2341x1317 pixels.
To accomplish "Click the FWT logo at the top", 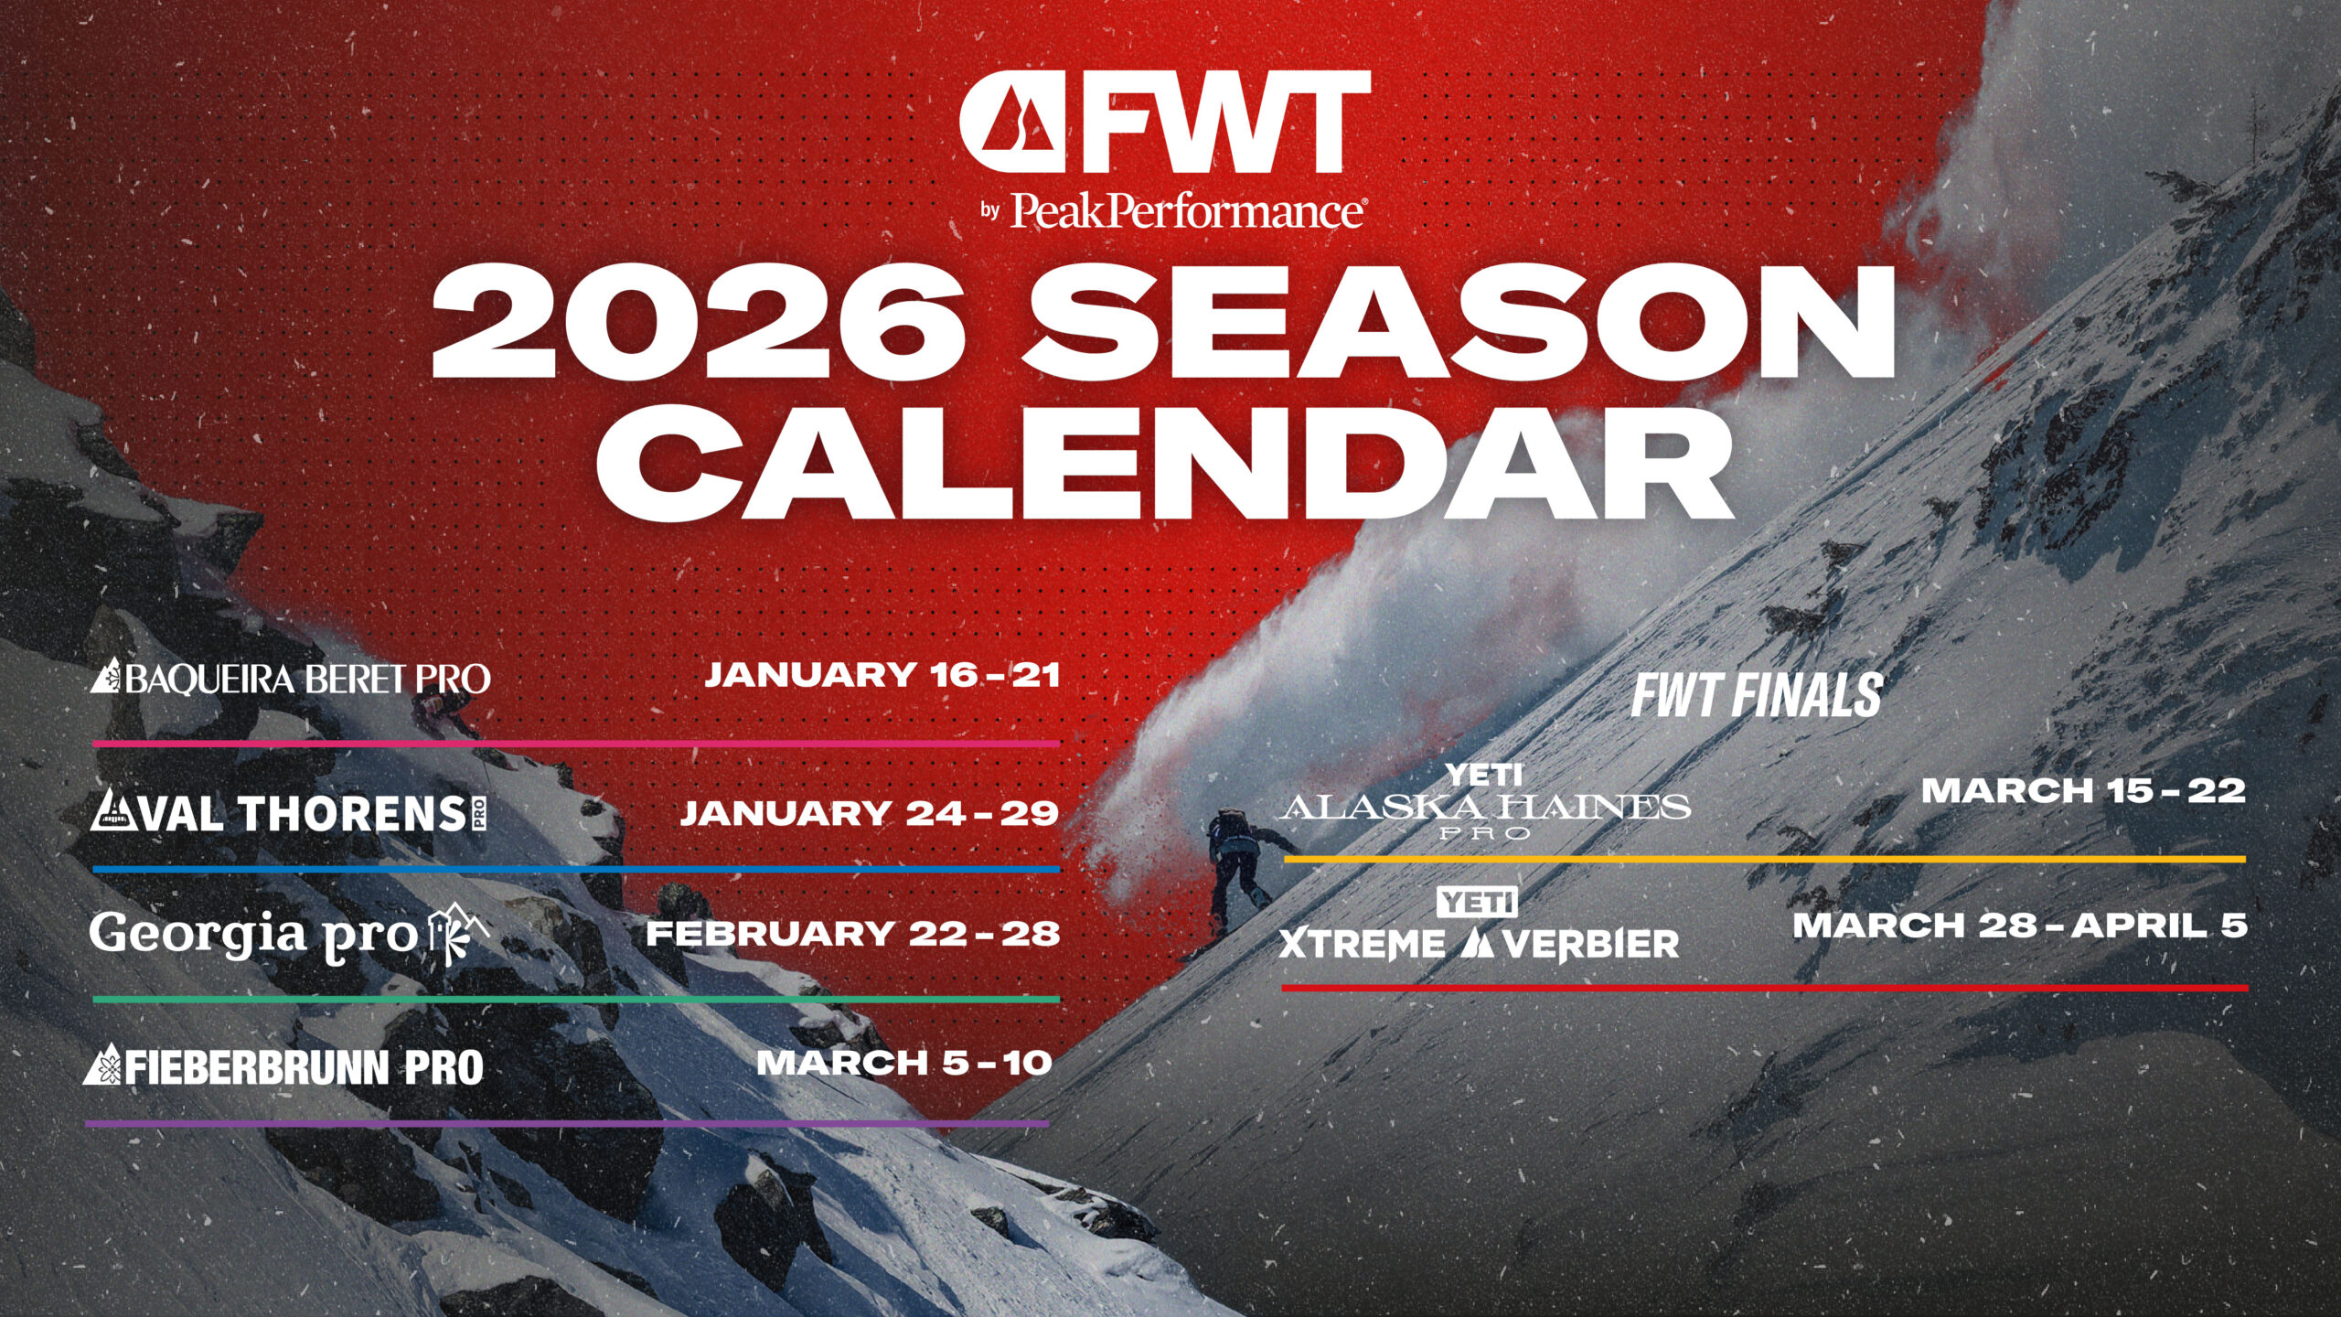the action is (1164, 123).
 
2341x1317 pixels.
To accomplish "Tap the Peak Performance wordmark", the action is (1188, 210).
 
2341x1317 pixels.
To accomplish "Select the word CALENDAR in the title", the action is (1164, 462).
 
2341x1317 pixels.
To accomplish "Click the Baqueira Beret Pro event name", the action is (290, 678).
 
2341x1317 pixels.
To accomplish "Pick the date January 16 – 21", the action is (882, 675).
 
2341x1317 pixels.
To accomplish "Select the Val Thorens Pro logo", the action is (288, 812).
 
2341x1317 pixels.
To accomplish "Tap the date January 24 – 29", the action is (870, 813).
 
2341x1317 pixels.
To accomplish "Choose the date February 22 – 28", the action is (853, 934).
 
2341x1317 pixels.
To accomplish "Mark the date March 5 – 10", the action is (903, 1063).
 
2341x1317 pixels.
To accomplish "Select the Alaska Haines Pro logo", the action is (1485, 802).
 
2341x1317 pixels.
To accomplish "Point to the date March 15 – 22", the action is (2083, 790).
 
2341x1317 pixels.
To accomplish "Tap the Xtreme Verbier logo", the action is (1479, 926).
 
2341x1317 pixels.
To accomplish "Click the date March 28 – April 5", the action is (2020, 926).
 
